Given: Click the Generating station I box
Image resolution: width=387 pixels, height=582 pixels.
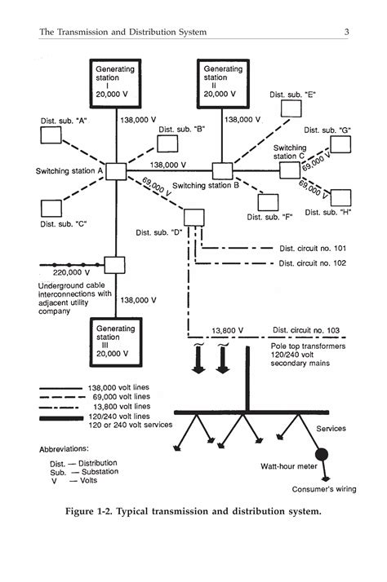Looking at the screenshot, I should click(114, 81).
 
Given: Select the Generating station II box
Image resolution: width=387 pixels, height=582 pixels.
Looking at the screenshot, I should click(223, 81).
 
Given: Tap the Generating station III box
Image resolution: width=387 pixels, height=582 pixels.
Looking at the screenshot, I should click(115, 340).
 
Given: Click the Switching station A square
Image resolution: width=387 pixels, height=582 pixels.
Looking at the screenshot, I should click(115, 171).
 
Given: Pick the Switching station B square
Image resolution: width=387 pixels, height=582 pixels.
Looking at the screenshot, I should click(222, 171).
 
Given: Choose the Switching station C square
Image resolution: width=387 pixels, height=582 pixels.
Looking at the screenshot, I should click(291, 170).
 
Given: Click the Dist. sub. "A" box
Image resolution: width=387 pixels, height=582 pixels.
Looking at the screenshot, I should click(51, 135).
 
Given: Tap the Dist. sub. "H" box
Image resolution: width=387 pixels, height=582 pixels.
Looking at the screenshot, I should click(341, 198).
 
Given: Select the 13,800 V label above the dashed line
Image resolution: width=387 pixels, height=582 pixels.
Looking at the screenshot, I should click(227, 330).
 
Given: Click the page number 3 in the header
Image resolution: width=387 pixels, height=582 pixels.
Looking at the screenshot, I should click(347, 32).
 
